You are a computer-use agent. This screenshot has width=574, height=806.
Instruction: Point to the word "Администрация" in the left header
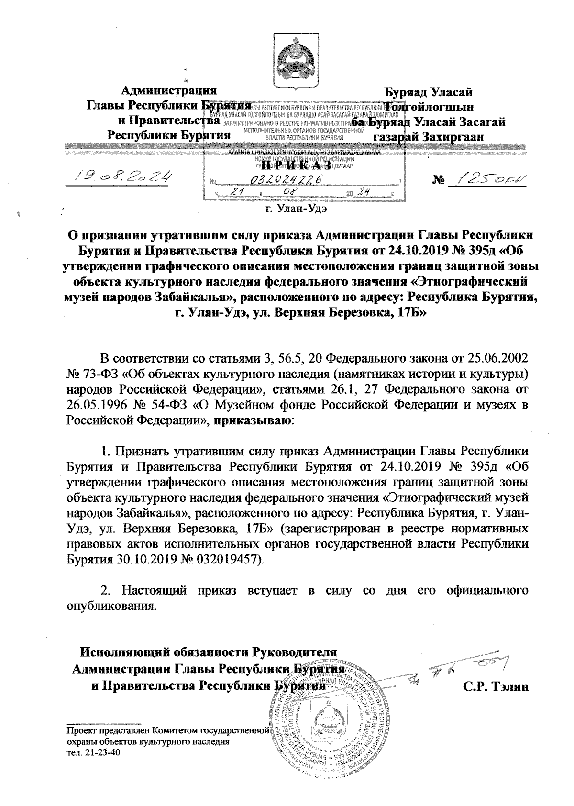(168, 90)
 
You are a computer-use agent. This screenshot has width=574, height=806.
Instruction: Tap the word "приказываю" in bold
(251, 421)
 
